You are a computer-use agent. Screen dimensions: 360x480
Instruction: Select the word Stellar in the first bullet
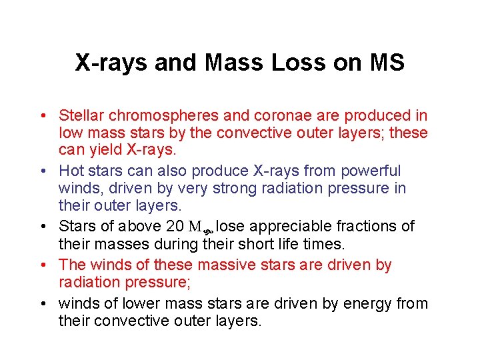tap(80, 115)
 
